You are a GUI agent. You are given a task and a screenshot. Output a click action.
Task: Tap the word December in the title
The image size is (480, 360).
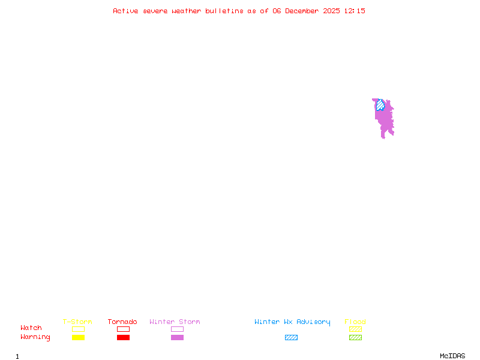[x=304, y=11]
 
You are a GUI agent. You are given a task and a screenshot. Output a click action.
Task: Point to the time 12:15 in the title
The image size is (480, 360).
[x=355, y=11]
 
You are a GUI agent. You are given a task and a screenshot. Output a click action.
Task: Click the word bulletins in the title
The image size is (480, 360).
[x=224, y=11]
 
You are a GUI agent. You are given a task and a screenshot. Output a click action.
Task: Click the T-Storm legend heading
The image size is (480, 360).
[x=77, y=322]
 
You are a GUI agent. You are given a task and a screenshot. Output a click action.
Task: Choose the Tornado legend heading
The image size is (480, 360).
[x=122, y=322]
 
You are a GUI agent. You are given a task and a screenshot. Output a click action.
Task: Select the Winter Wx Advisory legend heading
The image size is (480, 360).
[x=292, y=322]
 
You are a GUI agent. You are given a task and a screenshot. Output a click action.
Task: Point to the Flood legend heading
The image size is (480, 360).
[x=355, y=322]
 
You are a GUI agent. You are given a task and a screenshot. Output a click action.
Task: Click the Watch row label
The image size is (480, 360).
[x=31, y=328]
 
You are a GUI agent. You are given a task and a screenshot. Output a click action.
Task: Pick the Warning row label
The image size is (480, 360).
[x=35, y=337]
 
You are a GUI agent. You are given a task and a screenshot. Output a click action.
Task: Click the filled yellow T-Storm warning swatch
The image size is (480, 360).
[x=78, y=337]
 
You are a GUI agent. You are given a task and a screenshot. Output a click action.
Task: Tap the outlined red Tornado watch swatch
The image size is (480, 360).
[x=123, y=329]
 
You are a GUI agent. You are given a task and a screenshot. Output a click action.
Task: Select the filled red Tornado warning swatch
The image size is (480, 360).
[x=123, y=337]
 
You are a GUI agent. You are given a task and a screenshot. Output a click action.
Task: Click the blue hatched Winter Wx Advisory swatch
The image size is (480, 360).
[x=291, y=337]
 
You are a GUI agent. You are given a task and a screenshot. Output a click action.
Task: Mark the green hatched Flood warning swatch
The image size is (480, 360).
[x=355, y=337]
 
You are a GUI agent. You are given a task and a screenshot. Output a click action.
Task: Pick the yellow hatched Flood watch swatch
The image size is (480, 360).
[x=355, y=329]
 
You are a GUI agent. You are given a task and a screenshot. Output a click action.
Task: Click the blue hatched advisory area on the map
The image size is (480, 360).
[x=380, y=106]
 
